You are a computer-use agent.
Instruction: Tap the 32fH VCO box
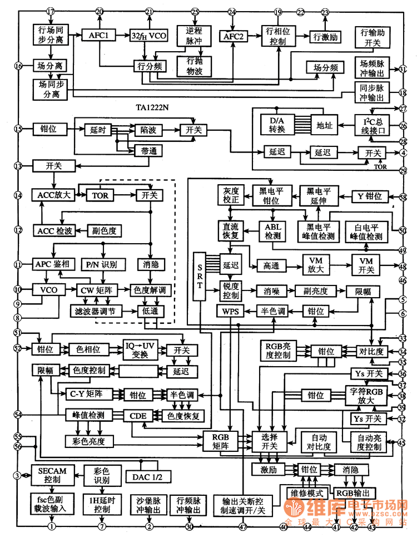pos(148,35)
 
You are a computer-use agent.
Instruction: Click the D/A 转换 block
pos(277,125)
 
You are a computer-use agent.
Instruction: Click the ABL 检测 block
pos(272,231)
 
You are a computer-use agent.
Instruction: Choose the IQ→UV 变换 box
pos(140,350)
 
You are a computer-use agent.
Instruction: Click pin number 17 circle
pos(51,12)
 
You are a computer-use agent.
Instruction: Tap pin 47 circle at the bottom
pos(242,526)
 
